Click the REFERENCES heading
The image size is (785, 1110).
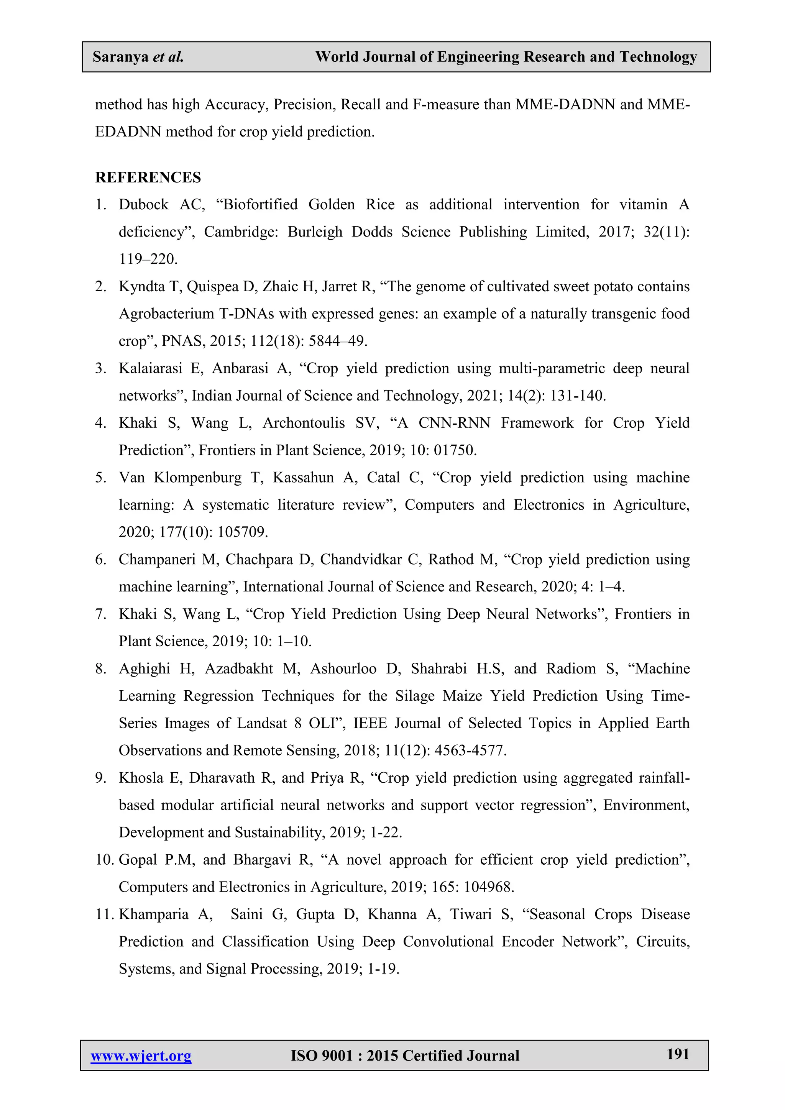(x=148, y=177)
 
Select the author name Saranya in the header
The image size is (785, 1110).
(x=120, y=57)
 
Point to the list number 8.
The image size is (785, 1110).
(x=100, y=668)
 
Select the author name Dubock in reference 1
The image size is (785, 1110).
(x=144, y=205)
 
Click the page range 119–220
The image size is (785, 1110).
(x=148, y=259)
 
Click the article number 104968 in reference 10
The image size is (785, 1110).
(x=488, y=887)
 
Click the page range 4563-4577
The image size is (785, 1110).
(x=470, y=750)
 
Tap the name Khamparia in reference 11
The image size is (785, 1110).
(x=153, y=914)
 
